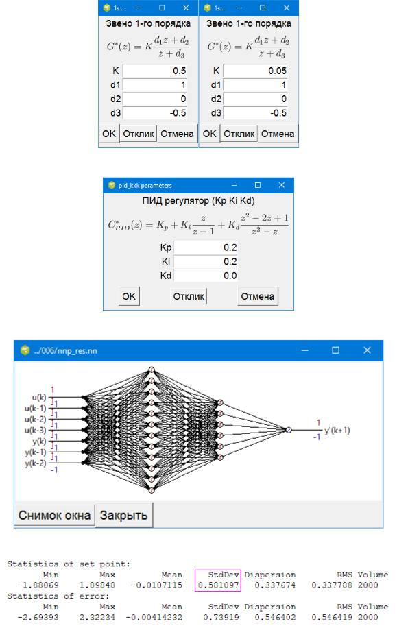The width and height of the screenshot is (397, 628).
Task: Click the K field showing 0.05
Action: click(x=255, y=71)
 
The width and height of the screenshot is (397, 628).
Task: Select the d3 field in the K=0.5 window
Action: click(x=155, y=113)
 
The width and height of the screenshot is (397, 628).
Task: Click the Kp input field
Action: click(x=206, y=247)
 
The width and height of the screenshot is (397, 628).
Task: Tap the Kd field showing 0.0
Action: click(x=206, y=276)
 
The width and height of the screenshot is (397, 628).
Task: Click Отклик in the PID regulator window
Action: click(x=189, y=296)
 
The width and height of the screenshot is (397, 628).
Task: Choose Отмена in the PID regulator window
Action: click(x=258, y=296)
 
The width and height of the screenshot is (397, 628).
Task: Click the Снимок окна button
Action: click(x=54, y=515)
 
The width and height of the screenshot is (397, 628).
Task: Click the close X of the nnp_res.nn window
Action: click(x=367, y=350)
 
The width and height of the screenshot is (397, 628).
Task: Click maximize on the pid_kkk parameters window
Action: click(x=258, y=185)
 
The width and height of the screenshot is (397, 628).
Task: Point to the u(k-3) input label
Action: click(x=35, y=431)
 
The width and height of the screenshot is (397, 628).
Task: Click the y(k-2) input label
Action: click(x=35, y=463)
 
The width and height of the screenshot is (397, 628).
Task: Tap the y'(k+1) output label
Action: click(x=337, y=431)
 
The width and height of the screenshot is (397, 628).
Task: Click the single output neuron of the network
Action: click(x=289, y=430)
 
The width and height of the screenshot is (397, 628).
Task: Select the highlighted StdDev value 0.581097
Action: click(x=217, y=585)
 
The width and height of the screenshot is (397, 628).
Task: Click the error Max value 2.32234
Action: click(x=97, y=618)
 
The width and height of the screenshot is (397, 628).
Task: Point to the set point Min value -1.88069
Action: click(x=38, y=585)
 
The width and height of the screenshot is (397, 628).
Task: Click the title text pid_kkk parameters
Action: click(x=145, y=185)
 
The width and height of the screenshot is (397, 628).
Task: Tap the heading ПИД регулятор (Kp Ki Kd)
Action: click(x=198, y=201)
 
